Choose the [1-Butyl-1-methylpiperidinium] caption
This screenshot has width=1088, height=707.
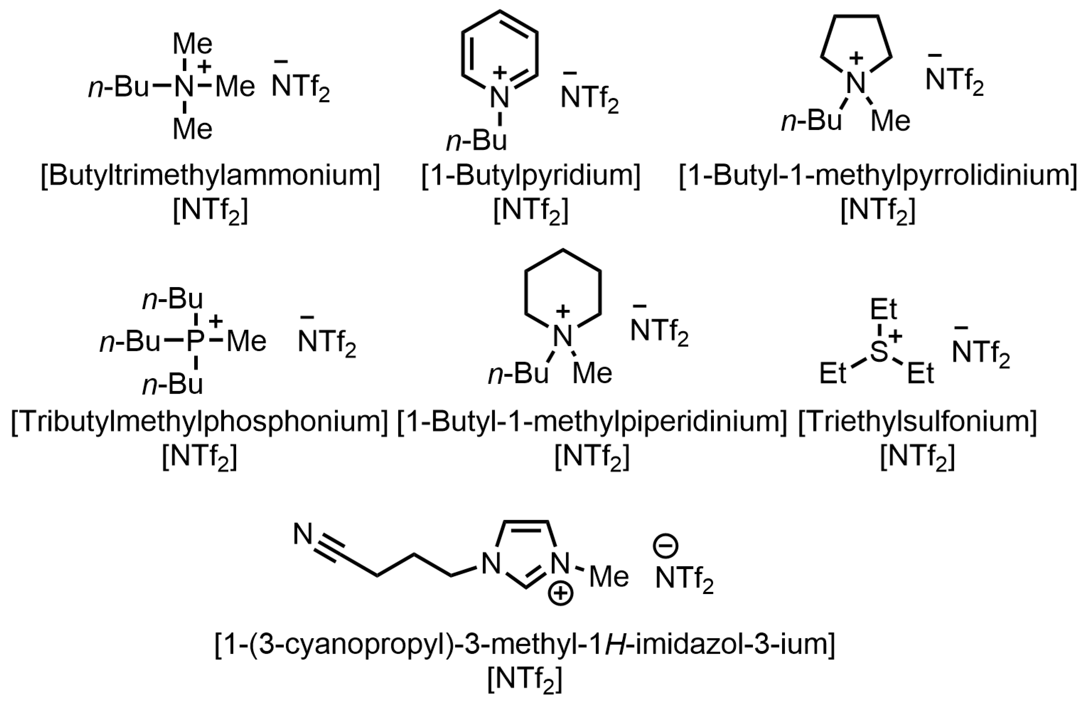click(592, 422)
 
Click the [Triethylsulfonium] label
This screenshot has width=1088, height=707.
click(918, 422)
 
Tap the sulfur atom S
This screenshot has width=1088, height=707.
click(879, 352)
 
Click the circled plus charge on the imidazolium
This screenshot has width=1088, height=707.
click(561, 594)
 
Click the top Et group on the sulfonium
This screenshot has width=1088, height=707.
click(883, 310)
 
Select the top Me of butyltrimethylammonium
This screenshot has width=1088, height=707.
click(192, 44)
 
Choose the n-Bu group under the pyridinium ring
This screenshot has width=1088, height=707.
click(477, 141)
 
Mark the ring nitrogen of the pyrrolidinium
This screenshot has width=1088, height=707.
click(856, 82)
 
